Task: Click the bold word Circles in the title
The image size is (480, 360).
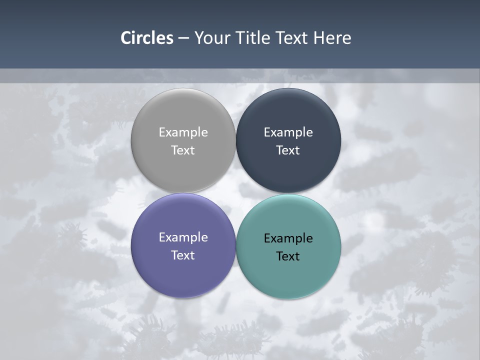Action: pyautogui.click(x=147, y=38)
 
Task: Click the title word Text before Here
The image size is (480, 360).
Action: pyautogui.click(x=294, y=38)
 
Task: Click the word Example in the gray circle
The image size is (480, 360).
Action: pyautogui.click(x=183, y=132)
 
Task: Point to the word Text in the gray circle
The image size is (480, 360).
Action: pyautogui.click(x=183, y=150)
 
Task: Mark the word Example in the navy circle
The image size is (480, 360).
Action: pyautogui.click(x=288, y=132)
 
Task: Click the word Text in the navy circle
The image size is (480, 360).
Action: pyautogui.click(x=288, y=150)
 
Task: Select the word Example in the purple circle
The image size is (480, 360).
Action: pyautogui.click(x=183, y=237)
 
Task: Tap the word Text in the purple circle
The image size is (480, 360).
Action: pyautogui.click(x=183, y=255)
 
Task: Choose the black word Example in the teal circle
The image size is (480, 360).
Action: pyautogui.click(x=288, y=238)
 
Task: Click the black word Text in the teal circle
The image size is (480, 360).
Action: pyautogui.click(x=288, y=256)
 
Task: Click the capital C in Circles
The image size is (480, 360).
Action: pyautogui.click(x=126, y=38)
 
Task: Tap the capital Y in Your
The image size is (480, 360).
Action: pyautogui.click(x=199, y=38)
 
